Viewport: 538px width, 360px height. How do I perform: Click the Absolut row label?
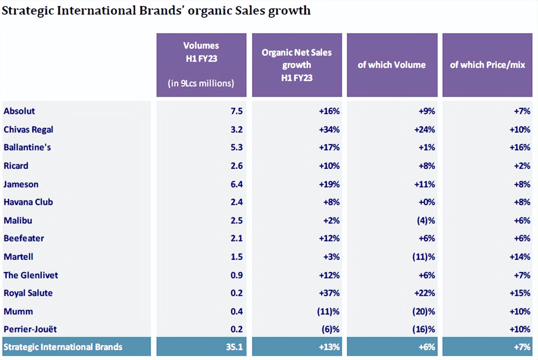click(x=19, y=111)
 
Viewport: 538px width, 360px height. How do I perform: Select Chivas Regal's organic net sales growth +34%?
click(x=329, y=130)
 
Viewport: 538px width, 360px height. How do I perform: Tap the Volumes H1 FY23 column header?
click(x=201, y=64)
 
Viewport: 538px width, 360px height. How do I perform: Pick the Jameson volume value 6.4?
click(x=236, y=184)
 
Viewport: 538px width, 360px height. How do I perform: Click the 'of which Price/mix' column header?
click(x=487, y=65)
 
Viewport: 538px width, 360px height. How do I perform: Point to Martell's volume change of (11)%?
click(x=423, y=257)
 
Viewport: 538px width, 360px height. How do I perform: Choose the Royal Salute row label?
click(x=28, y=293)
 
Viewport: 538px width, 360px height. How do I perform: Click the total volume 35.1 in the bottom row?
click(x=234, y=347)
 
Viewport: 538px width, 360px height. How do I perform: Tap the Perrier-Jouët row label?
click(x=30, y=329)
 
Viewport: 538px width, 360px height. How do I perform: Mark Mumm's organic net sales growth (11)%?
click(x=328, y=311)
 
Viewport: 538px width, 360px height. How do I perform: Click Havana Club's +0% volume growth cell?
click(x=427, y=202)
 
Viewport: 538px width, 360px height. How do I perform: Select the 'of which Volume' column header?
click(x=392, y=65)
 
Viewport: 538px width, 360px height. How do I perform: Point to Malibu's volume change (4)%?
click(x=425, y=220)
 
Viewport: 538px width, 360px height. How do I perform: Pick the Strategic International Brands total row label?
click(x=63, y=347)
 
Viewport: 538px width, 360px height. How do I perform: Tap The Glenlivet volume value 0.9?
click(x=236, y=275)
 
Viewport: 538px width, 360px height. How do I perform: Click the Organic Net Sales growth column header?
click(x=296, y=65)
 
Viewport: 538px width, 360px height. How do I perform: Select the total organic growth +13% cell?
click(x=329, y=347)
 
